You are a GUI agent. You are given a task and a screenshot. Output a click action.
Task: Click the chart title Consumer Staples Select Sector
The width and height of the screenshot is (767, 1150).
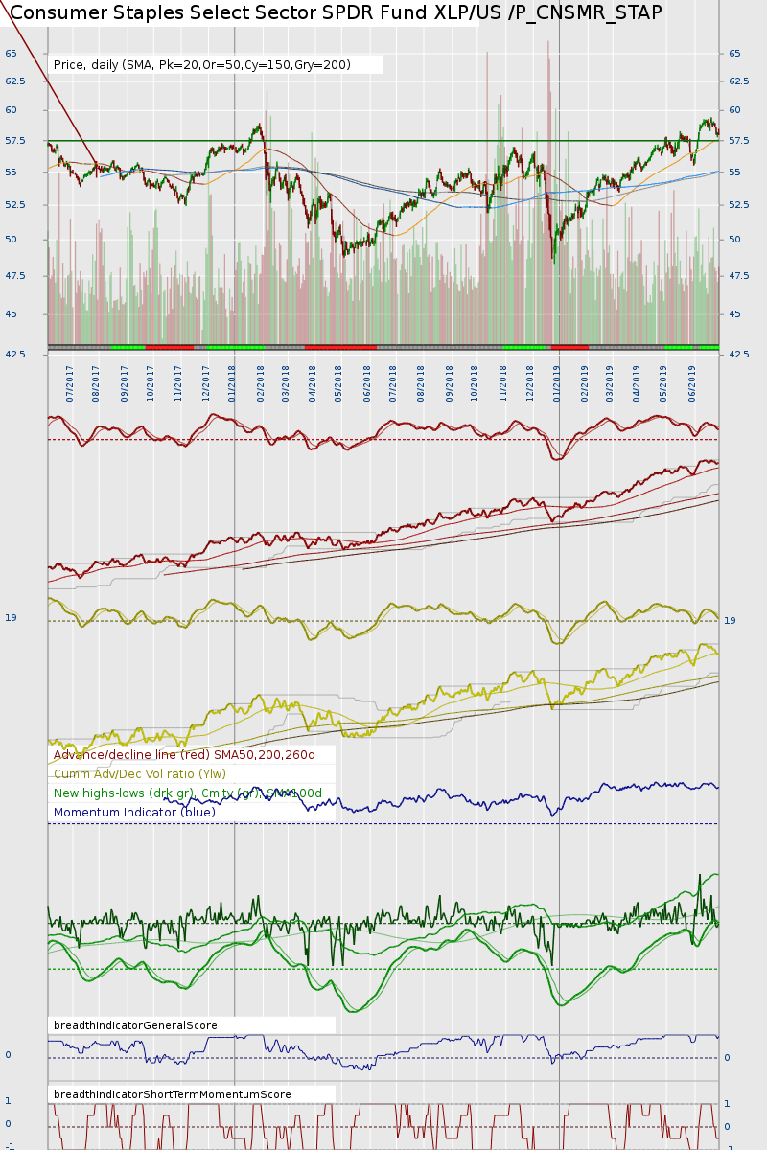(336, 12)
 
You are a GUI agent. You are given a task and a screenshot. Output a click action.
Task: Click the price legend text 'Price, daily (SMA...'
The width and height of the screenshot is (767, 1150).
(202, 65)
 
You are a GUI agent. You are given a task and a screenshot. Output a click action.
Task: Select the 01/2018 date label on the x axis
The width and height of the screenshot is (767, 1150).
(233, 381)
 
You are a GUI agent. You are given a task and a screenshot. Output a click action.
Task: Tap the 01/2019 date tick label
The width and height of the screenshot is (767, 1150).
(557, 381)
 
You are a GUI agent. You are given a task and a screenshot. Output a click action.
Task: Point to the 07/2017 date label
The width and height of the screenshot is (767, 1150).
(70, 381)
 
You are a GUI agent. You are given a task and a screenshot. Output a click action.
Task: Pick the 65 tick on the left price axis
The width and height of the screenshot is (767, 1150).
(12, 54)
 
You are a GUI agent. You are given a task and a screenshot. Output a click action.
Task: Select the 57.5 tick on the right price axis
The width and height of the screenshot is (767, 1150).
(738, 141)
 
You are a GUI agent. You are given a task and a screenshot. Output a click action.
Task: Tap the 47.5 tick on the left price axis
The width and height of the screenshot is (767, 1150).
(14, 276)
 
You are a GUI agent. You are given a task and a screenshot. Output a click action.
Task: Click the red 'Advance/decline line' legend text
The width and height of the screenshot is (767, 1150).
(184, 755)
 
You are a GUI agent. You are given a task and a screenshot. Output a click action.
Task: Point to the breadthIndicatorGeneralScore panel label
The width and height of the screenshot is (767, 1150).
(135, 1025)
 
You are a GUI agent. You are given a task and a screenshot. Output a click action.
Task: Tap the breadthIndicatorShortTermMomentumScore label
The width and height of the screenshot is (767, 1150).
(173, 1094)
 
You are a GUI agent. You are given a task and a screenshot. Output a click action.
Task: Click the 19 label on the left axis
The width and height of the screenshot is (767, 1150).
(11, 618)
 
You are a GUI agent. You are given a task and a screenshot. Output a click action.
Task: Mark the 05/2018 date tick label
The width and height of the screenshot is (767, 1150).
(338, 381)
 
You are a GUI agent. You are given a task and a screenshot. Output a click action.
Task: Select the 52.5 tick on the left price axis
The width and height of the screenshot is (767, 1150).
(14, 205)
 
